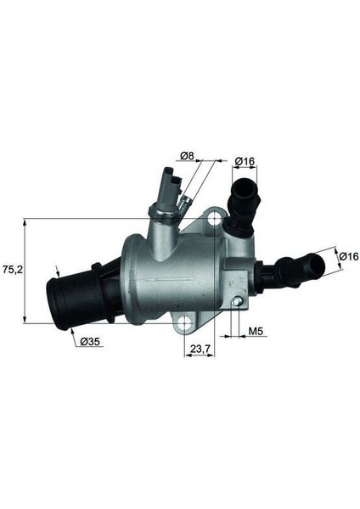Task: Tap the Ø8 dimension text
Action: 188,156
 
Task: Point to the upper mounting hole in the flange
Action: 217,219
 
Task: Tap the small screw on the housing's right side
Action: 240,300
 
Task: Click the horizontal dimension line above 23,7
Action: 200,356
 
